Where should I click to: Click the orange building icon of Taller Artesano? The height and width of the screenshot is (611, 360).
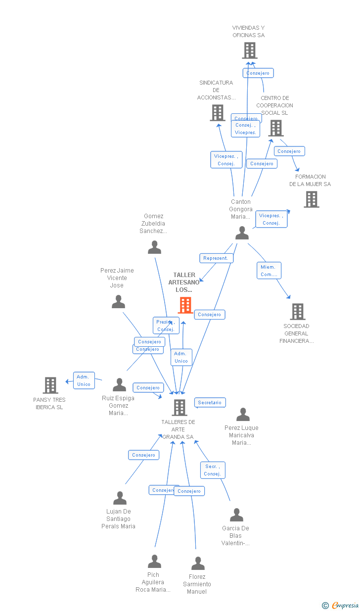click(185, 305)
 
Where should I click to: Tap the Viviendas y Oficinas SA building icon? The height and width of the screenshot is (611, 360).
click(250, 50)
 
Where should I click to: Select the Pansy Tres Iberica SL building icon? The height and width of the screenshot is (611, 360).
click(50, 385)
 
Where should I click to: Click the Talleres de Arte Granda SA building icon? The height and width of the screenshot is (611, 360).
click(179, 408)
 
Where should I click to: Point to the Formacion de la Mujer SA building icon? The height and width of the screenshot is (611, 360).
click(311, 199)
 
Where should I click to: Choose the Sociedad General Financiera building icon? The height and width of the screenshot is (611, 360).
click(297, 312)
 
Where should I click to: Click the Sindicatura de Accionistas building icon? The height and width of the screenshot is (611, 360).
click(217, 113)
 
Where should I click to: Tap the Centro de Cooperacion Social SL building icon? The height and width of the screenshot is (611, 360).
click(275, 128)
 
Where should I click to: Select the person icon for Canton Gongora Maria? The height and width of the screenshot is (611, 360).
click(242, 233)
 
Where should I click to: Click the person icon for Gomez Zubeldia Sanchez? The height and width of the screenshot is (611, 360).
click(154, 247)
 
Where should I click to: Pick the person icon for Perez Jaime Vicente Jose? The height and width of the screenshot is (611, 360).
click(118, 302)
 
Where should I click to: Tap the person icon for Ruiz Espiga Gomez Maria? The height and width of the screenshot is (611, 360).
click(119, 385)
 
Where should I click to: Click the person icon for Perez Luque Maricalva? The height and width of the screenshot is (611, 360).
click(243, 415)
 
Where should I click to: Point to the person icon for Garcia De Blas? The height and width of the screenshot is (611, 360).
click(236, 515)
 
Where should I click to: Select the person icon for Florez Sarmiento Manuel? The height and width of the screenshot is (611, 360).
click(198, 564)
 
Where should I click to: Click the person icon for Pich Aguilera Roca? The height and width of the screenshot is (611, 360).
click(154, 562)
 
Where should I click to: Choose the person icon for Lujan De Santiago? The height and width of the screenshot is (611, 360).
click(120, 498)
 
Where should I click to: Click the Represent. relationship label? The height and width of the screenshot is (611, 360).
click(216, 258)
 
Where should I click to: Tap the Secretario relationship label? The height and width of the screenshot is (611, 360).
click(210, 403)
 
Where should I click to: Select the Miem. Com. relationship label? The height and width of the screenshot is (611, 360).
click(269, 271)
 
